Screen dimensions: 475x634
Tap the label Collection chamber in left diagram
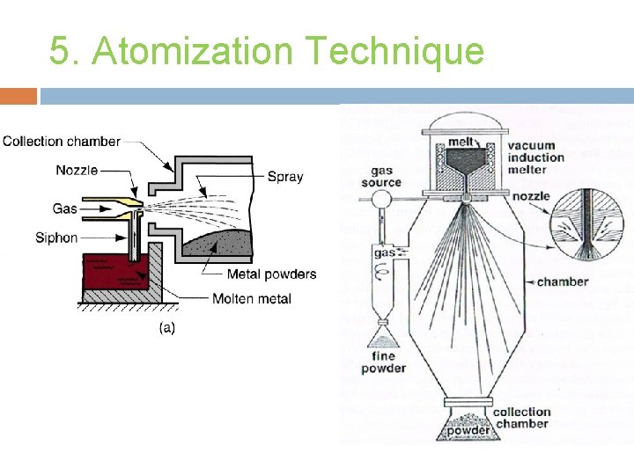coord(62,141)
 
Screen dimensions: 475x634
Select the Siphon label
coord(56,237)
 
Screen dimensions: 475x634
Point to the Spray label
coord(285,176)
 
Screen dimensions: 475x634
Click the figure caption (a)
coord(166,328)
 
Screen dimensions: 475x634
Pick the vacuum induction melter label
coord(536,157)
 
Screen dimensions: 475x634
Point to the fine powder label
coord(384,362)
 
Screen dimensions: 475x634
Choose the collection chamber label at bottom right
coord(521,418)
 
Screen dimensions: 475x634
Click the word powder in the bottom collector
coord(467,430)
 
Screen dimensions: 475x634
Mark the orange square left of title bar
coord(18,95)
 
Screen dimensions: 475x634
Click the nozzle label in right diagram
coord(531,195)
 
